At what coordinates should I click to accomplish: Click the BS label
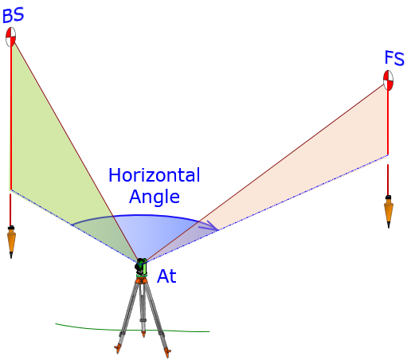click(14, 15)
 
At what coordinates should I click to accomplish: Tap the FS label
click(394, 58)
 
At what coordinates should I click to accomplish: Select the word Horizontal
click(155, 175)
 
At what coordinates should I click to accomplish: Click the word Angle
click(155, 198)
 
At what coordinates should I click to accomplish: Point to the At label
click(166, 276)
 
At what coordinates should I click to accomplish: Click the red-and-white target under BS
click(11, 37)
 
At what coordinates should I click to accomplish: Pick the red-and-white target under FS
click(388, 80)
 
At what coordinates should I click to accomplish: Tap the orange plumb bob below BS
click(11, 241)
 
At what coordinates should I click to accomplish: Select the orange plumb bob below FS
click(389, 212)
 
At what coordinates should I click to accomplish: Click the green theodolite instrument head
click(141, 267)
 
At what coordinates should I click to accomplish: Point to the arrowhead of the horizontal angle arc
click(212, 226)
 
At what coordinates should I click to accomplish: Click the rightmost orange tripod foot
click(167, 353)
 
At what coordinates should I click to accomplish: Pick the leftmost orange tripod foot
click(118, 348)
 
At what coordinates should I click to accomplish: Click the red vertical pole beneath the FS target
click(388, 122)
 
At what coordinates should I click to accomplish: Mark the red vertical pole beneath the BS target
click(11, 118)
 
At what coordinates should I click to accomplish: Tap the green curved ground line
click(132, 330)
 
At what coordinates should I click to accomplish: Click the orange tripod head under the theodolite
click(142, 280)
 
